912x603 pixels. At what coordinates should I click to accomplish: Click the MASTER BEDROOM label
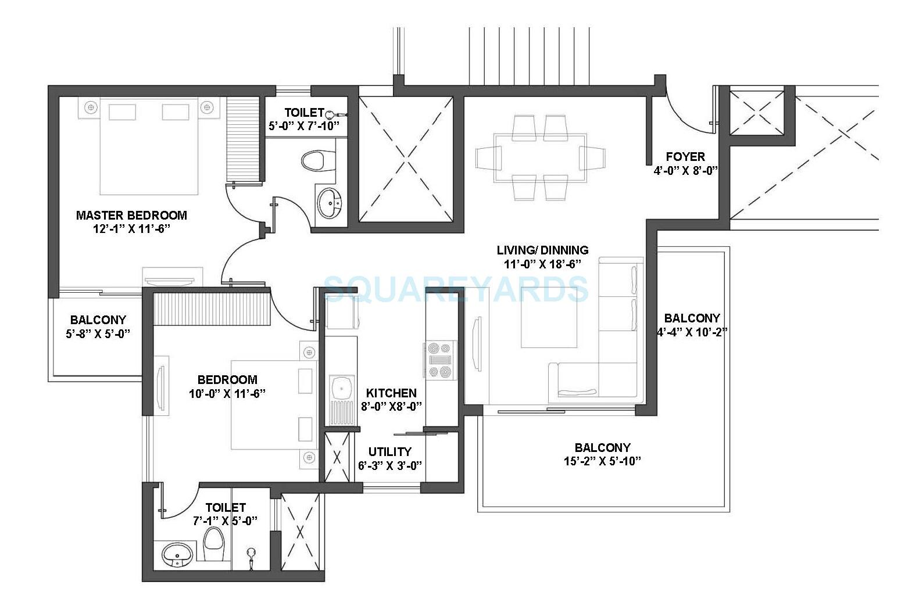tap(131, 216)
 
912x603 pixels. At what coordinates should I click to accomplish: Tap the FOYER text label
tap(685, 157)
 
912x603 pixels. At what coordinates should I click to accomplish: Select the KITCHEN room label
tap(391, 393)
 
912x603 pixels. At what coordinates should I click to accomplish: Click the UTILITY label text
tap(389, 451)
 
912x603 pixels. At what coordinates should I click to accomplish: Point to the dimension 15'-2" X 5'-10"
tap(602, 462)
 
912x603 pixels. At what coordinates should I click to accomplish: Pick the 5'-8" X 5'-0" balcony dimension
tap(98, 334)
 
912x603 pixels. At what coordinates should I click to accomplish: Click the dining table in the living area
tap(540, 158)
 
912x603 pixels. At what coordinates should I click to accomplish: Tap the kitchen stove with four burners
tap(439, 360)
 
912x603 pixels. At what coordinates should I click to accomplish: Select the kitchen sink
tap(341, 386)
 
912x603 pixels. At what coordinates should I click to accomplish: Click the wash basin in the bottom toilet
tap(177, 555)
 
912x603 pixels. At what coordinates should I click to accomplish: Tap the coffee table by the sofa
tap(550, 325)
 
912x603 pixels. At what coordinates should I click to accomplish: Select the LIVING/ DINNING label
tap(542, 250)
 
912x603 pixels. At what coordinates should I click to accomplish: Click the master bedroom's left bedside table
tap(90, 107)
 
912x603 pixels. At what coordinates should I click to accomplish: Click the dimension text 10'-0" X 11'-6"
tap(227, 393)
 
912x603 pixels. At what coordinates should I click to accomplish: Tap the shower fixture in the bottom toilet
tap(251, 558)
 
